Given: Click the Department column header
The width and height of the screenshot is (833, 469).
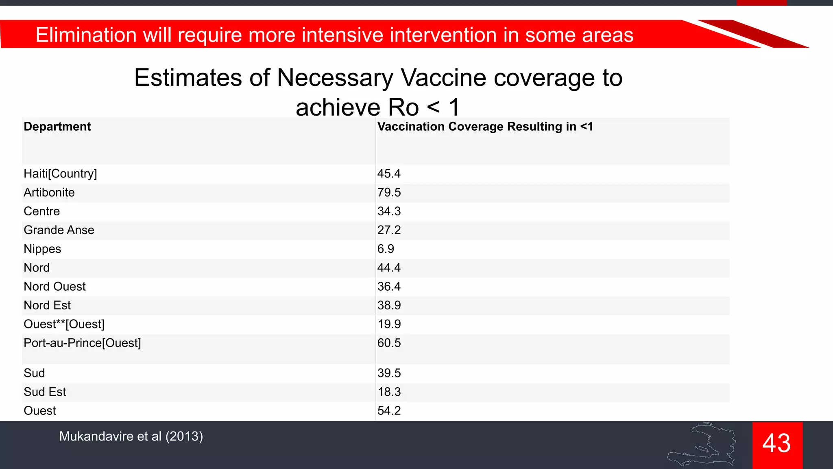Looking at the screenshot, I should click(x=57, y=127).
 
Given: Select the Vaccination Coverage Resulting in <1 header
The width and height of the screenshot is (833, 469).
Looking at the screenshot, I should click(x=485, y=127).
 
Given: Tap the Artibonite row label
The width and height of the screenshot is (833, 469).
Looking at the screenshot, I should click(x=49, y=193).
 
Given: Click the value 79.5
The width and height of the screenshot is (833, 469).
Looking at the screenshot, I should click(x=389, y=193).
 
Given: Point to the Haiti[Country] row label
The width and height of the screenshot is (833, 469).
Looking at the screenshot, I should click(x=60, y=174).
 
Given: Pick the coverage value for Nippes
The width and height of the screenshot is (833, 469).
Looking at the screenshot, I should click(x=386, y=249).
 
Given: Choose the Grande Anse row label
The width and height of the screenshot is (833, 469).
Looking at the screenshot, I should click(x=59, y=230).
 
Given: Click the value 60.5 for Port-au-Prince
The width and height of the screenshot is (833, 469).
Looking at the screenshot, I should click(x=389, y=343).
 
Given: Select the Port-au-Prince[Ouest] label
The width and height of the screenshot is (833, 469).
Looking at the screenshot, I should click(x=82, y=343).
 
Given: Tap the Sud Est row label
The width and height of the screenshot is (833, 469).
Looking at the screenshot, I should click(x=45, y=392).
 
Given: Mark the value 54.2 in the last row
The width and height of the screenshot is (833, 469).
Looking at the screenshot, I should click(x=389, y=411).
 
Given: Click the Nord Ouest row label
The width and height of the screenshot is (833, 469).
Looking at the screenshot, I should click(x=55, y=287).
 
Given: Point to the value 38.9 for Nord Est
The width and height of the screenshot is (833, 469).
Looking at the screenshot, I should click(x=389, y=305).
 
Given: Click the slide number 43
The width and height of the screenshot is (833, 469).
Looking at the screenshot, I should click(x=776, y=443).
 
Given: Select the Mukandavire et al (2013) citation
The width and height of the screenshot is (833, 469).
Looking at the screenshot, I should click(x=131, y=436).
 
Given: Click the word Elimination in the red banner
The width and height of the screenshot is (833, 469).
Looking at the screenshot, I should click(x=85, y=35).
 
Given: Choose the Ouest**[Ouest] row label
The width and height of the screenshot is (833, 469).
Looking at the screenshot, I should click(x=64, y=324).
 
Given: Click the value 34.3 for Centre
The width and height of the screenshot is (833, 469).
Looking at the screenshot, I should click(x=389, y=211).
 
